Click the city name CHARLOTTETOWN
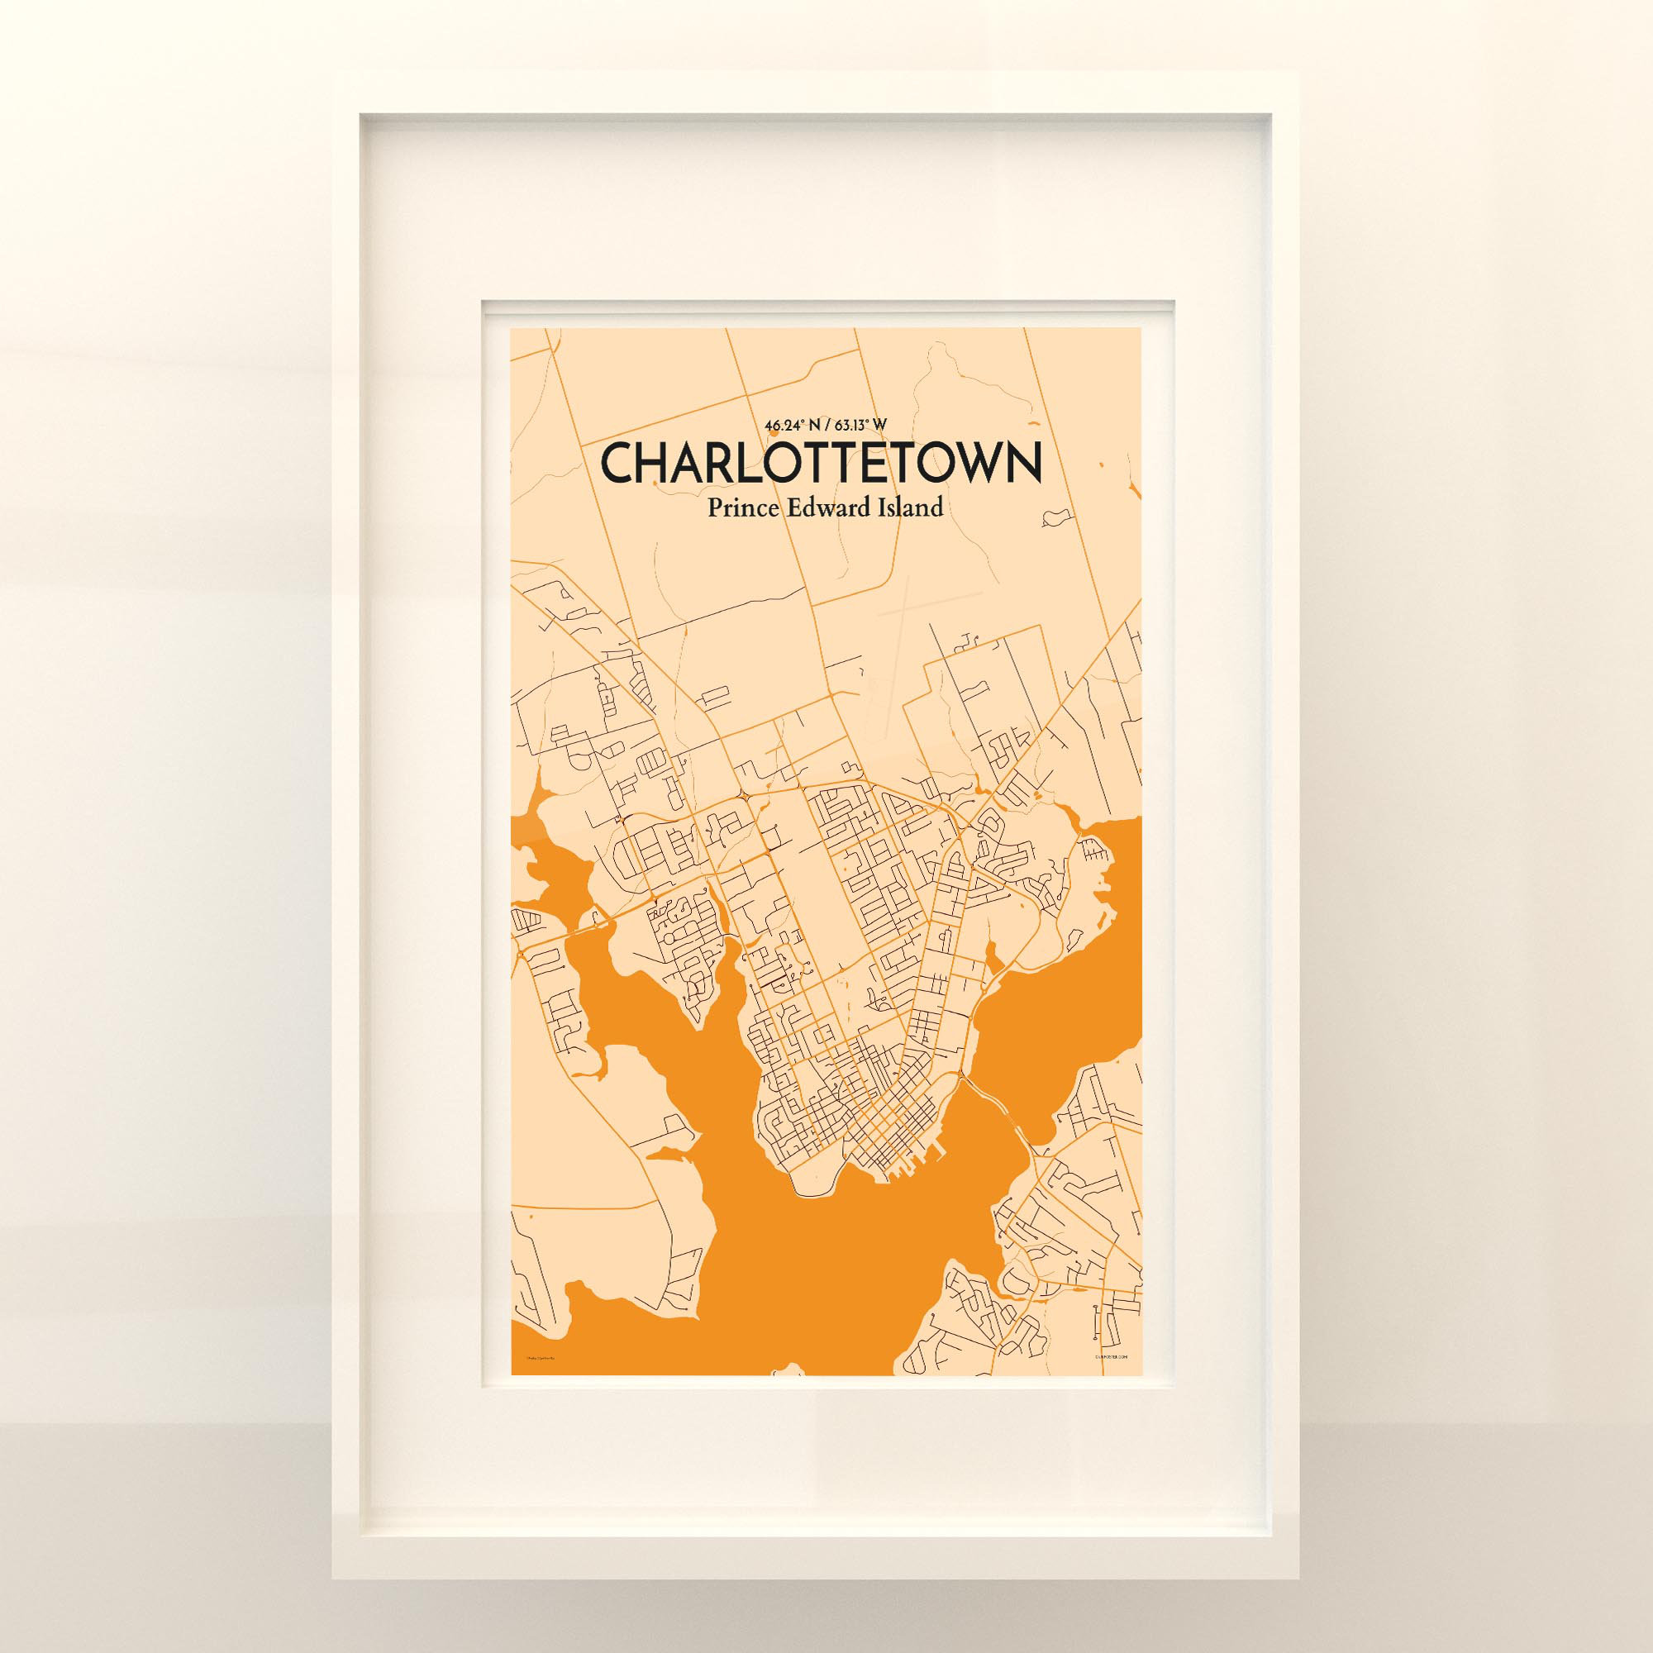[x=822, y=464]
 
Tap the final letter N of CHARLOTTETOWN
[x=1024, y=464]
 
